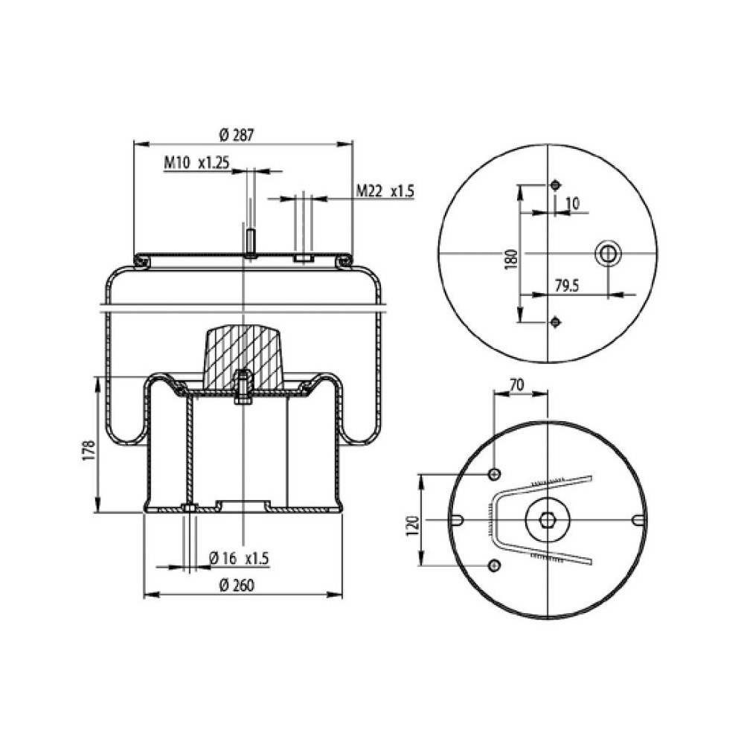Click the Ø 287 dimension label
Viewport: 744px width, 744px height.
pyautogui.click(x=237, y=135)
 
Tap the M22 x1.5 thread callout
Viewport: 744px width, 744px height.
pyautogui.click(x=384, y=191)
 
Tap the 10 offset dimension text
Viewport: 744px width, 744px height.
pyautogui.click(x=572, y=202)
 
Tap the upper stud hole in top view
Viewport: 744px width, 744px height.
pyautogui.click(x=555, y=185)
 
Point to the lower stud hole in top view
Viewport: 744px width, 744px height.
pyautogui.click(x=555, y=321)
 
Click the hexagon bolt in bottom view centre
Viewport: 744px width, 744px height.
pyautogui.click(x=547, y=519)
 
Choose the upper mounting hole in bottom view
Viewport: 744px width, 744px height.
pyautogui.click(x=494, y=475)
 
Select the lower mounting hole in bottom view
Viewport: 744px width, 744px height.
pyautogui.click(x=494, y=567)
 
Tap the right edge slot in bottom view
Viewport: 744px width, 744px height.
pyautogui.click(x=637, y=519)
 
